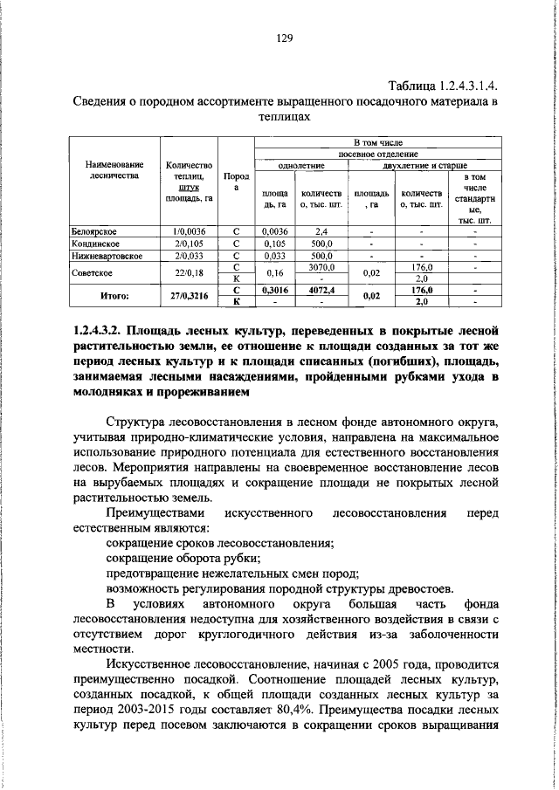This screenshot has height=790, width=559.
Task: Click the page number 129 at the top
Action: click(280, 38)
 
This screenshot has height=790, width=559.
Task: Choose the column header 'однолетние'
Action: click(301, 164)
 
